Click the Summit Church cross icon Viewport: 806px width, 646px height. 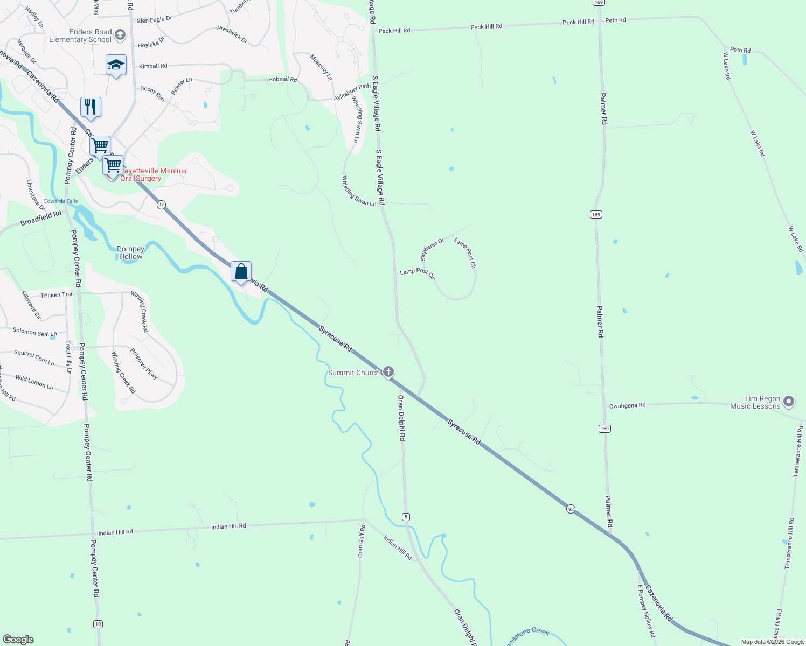click(x=388, y=372)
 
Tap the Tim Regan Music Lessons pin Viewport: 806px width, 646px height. click(x=789, y=402)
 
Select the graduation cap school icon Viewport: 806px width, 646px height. click(x=116, y=65)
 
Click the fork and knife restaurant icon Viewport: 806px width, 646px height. click(x=91, y=107)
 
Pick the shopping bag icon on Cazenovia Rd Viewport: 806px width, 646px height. click(x=241, y=271)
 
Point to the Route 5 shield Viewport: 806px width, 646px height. click(x=406, y=517)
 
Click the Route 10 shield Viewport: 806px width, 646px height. click(x=98, y=624)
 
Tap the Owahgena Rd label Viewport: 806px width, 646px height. click(x=627, y=405)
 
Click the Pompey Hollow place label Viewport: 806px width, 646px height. click(x=130, y=252)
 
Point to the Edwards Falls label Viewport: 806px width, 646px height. click(x=61, y=201)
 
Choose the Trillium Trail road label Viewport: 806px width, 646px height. click(x=57, y=295)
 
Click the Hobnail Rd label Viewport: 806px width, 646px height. click(x=282, y=80)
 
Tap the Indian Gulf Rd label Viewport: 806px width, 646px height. click(x=362, y=541)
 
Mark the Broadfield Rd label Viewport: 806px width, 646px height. click(x=41, y=219)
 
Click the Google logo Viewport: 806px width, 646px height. click(x=18, y=639)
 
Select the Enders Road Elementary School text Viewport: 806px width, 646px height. click(x=80, y=36)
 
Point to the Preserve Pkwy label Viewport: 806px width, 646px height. click(x=144, y=364)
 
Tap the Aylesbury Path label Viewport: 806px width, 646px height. click(x=352, y=92)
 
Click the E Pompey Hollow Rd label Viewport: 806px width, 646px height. click(x=646, y=611)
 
